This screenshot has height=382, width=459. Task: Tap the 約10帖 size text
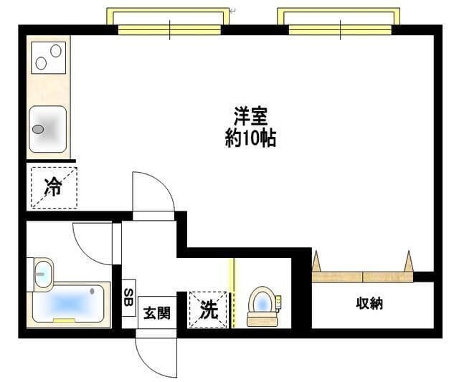[250, 137]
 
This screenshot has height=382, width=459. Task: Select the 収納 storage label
[370, 303]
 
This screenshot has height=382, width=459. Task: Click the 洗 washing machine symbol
[207, 310]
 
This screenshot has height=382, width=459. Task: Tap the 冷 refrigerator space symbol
[53, 187]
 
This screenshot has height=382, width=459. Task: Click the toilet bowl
[261, 304]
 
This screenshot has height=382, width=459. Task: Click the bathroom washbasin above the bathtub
[43, 273]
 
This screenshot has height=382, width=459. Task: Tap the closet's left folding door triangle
[316, 261]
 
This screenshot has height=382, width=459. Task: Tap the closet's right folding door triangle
[409, 261]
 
